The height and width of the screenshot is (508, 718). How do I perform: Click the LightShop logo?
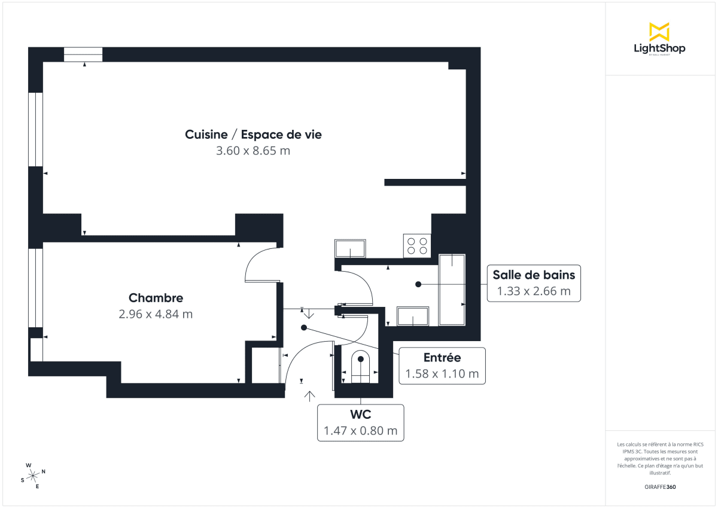pyautogui.click(x=659, y=39)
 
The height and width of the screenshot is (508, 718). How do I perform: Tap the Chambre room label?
pyautogui.click(x=156, y=298)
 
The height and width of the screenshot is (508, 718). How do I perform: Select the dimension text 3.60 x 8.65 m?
pyautogui.click(x=253, y=151)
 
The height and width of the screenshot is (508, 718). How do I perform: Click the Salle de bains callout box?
pyautogui.click(x=534, y=283)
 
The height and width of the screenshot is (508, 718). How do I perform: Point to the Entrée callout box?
pyautogui.click(x=442, y=366)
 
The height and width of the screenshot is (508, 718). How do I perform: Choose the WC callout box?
pyautogui.click(x=360, y=422)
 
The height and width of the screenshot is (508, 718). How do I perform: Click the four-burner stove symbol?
pyautogui.click(x=417, y=245)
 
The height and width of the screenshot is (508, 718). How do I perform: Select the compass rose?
pyautogui.click(x=33, y=475)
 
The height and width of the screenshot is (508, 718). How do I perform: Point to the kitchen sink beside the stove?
pyautogui.click(x=350, y=248)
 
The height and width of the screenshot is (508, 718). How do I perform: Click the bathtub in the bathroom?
pyautogui.click(x=452, y=290)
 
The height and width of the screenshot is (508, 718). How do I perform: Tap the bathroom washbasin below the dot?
pyautogui.click(x=413, y=317)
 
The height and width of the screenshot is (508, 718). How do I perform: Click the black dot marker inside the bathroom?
pyautogui.click(x=418, y=284)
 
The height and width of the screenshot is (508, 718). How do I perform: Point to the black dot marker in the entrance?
pyautogui.click(x=304, y=328)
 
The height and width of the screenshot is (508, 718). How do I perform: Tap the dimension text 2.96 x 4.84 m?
pyautogui.click(x=156, y=314)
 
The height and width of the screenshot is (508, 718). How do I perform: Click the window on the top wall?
pyautogui.click(x=83, y=54)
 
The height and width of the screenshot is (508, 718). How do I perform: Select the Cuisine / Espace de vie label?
pyautogui.click(x=253, y=135)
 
